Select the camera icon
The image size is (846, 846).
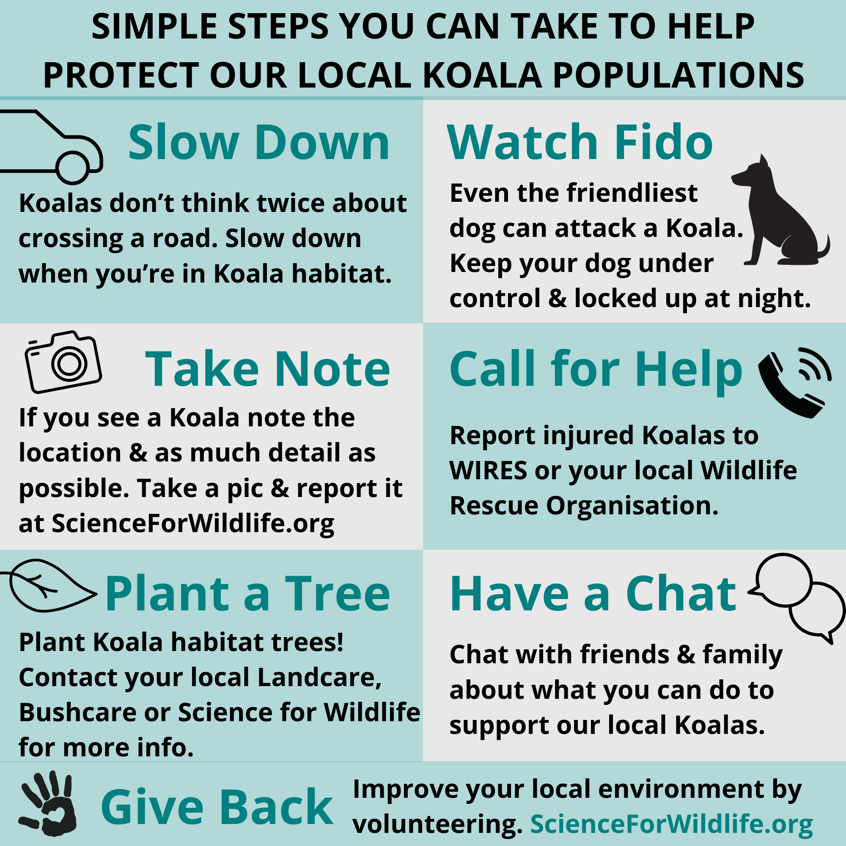click(63, 362)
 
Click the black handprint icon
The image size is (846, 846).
click(47, 803)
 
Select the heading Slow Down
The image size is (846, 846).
click(258, 143)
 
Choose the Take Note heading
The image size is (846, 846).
click(268, 370)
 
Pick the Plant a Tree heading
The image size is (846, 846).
click(247, 594)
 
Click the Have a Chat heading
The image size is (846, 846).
click(593, 594)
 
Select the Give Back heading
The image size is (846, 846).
click(217, 807)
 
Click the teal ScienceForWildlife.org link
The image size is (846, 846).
click(671, 825)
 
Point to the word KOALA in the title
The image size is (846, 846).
click(482, 75)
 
